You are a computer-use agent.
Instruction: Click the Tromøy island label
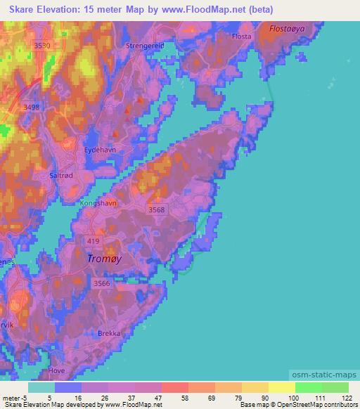[x=103, y=259]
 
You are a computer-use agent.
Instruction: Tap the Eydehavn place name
[x=99, y=150]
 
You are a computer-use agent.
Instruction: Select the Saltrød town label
[x=63, y=176]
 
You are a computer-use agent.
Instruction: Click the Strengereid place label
[x=145, y=45]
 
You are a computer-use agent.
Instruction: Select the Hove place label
[x=56, y=370]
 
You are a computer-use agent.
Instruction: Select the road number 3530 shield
[x=42, y=45]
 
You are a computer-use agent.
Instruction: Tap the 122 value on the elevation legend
[x=347, y=398]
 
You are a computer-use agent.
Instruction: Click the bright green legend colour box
[x=307, y=387]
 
